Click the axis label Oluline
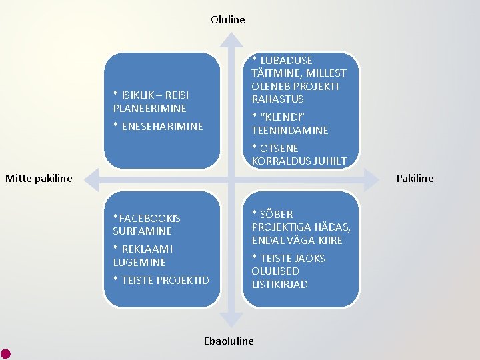(x=228, y=19)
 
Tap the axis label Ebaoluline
(x=228, y=341)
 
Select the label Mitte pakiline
(x=39, y=178)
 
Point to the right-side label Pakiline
(x=415, y=178)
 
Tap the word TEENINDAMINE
(x=290, y=130)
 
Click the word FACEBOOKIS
(x=149, y=218)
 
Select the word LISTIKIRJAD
(x=280, y=284)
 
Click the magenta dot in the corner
(x=5, y=353)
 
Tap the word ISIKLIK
(x=139, y=95)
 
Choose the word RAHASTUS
(x=278, y=99)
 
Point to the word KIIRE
(x=330, y=240)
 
